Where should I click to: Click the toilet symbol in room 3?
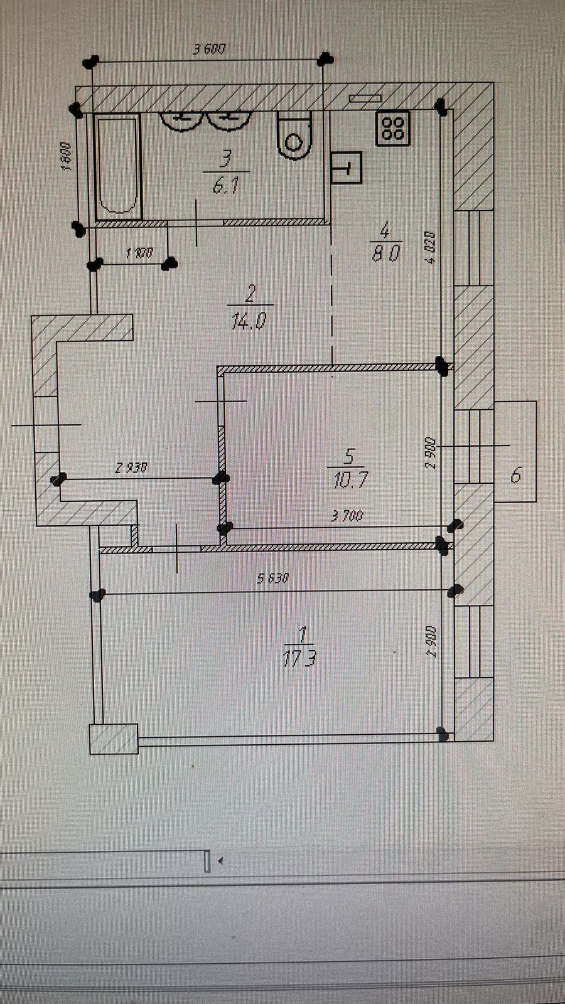tap(294, 135)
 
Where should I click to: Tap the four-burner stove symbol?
tap(393, 128)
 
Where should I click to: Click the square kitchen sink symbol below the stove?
tap(346, 168)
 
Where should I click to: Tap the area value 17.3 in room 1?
tap(299, 658)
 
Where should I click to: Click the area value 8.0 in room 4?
tap(385, 254)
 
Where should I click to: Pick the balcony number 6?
tap(515, 475)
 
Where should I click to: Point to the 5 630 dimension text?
tap(272, 579)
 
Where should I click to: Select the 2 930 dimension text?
tap(131, 467)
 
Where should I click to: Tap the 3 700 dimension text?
tap(347, 516)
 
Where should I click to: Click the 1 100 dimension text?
tap(139, 254)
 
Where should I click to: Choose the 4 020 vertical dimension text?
tap(431, 247)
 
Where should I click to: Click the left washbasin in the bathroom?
tap(181, 120)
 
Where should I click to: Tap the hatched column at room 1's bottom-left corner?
tap(114, 739)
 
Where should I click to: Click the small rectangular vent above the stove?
tap(365, 98)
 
